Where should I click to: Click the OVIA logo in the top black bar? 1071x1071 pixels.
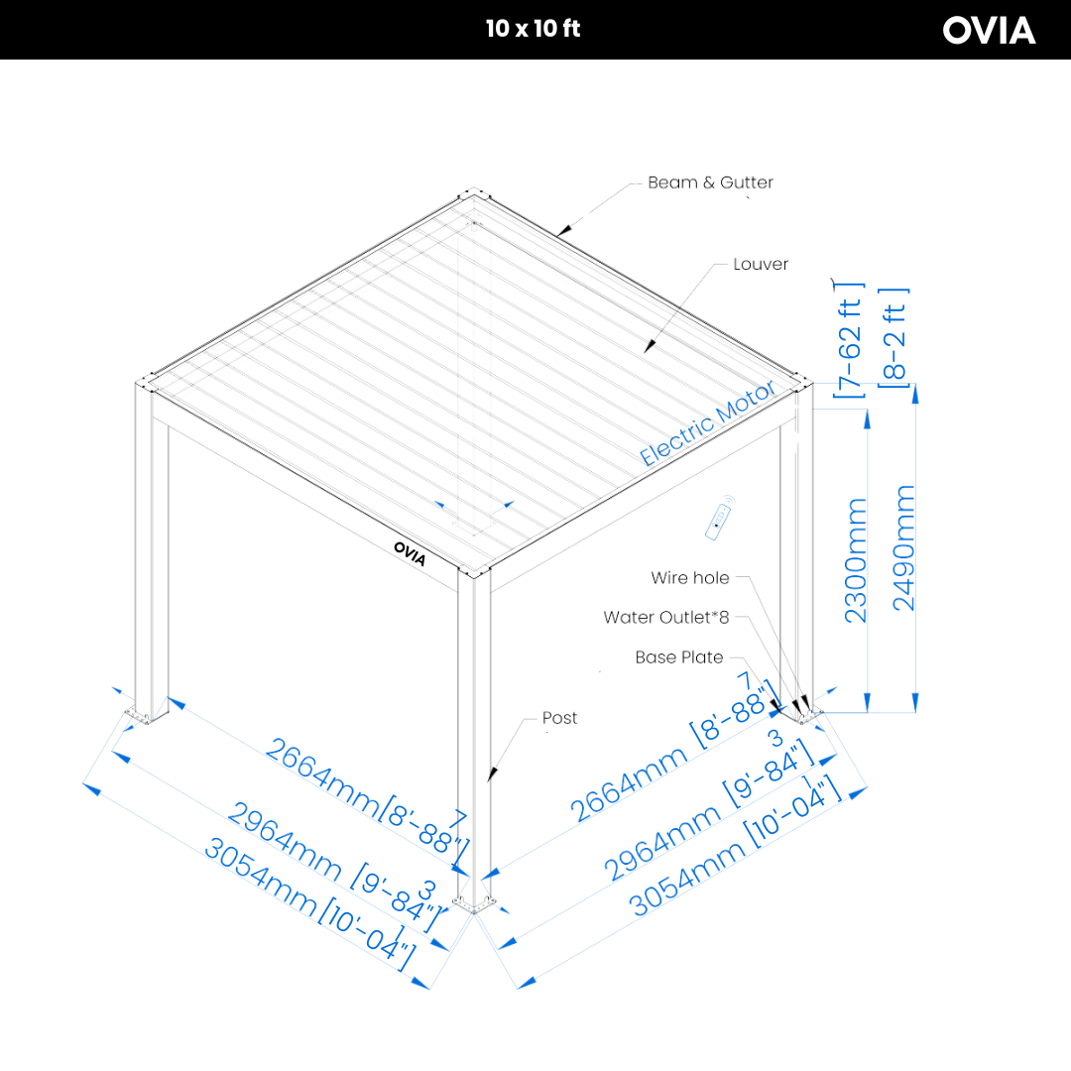click(x=989, y=30)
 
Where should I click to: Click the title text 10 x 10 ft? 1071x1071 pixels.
click(x=534, y=29)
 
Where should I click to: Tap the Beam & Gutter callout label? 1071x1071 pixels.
click(x=710, y=182)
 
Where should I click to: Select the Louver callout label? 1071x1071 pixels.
click(x=761, y=264)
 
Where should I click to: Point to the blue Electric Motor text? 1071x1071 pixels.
click(x=707, y=424)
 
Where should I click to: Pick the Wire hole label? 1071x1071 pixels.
click(x=689, y=577)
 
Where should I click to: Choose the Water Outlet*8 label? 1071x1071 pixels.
click(x=665, y=617)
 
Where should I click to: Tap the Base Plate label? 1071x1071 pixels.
click(x=679, y=657)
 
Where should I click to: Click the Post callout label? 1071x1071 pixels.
click(x=559, y=718)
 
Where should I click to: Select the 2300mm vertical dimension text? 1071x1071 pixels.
click(x=857, y=560)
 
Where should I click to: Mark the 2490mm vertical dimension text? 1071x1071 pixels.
click(x=904, y=547)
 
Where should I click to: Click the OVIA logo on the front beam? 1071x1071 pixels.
click(x=410, y=552)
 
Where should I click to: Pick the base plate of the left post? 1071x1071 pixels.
click(x=141, y=714)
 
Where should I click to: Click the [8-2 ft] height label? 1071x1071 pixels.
click(x=895, y=336)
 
